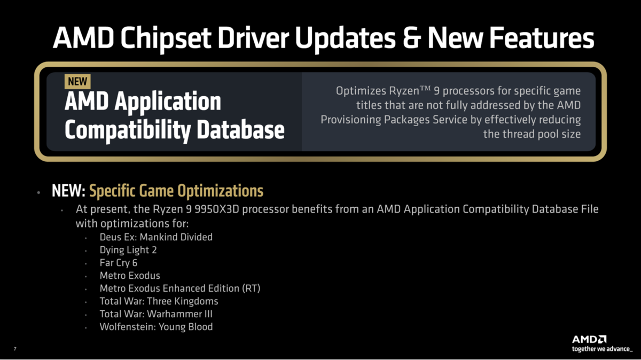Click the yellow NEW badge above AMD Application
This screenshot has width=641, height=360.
tap(77, 82)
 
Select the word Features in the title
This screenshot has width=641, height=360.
tap(542, 38)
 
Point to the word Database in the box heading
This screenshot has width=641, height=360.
tap(240, 130)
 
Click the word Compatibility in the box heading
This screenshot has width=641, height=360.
tap(128, 131)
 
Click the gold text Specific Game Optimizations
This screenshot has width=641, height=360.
tap(176, 191)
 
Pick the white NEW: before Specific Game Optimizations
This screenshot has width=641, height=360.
tap(68, 191)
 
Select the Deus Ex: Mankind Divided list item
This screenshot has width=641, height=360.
tap(156, 237)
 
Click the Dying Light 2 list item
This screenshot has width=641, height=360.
tap(128, 250)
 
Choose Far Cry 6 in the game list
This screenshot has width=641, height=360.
tap(119, 263)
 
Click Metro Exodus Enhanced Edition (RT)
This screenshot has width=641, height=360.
tap(180, 288)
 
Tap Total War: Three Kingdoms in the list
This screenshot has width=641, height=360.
tap(159, 301)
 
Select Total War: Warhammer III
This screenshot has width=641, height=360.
tap(156, 314)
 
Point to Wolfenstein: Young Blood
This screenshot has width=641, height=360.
tap(156, 327)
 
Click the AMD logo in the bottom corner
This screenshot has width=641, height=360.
tap(589, 339)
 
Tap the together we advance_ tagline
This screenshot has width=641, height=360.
tap(602, 349)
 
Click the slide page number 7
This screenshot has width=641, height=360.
tap(15, 349)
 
